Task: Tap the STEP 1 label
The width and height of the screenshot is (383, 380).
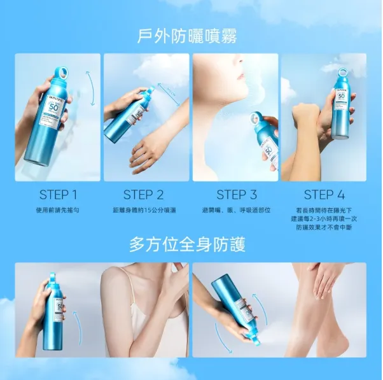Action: point(58,195)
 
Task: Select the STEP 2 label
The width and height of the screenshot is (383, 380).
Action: point(143,195)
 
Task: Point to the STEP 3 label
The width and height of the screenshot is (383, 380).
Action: point(236,195)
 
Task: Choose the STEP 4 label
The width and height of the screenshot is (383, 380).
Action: point(324,195)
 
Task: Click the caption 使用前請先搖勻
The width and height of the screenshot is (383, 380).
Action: point(58,209)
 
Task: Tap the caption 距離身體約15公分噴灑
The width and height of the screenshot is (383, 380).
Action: point(144,209)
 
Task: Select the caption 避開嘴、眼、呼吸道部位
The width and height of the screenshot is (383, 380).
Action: point(236,209)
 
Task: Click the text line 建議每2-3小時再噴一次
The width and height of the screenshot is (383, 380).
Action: point(324,218)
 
